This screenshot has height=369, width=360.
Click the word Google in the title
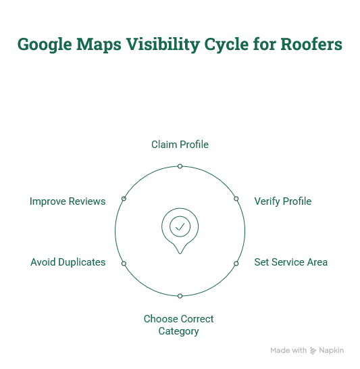point(45,45)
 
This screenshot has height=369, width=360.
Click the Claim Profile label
point(180,145)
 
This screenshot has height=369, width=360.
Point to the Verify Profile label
point(283,201)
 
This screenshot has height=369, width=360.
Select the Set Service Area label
point(291,262)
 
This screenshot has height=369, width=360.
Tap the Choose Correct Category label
point(179,325)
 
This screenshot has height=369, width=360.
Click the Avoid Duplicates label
point(68,262)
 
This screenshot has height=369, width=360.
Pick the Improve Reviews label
point(68,201)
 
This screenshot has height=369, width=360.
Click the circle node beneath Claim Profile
point(180,166)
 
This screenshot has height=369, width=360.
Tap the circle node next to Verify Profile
point(236,199)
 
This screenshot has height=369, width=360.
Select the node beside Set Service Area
point(236,264)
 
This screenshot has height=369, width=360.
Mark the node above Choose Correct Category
point(180,296)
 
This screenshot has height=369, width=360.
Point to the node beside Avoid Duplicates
point(124,264)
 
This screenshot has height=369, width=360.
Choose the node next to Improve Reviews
point(124,199)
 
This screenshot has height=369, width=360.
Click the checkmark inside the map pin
point(180,226)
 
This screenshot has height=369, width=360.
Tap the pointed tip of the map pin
point(180,253)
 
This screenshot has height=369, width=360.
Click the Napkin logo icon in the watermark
point(313,350)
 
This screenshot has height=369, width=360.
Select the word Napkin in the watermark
point(332,350)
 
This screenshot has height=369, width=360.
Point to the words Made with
point(288,350)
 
